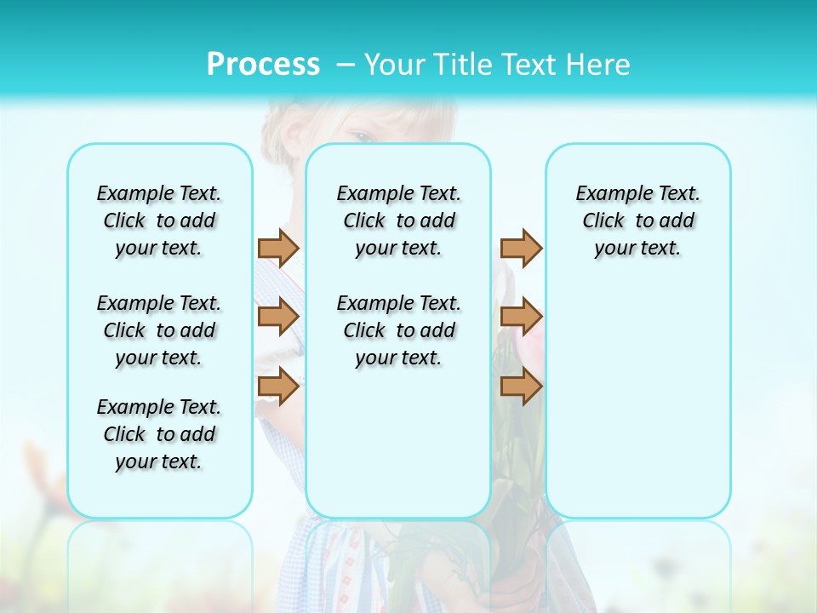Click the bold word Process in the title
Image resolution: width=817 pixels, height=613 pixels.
point(263,65)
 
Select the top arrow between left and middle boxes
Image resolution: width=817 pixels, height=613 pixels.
point(278,248)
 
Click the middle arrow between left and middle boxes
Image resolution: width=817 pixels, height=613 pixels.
point(278,317)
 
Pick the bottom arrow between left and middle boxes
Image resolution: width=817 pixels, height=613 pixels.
point(278,386)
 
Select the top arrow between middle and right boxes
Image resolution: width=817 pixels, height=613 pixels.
point(521,248)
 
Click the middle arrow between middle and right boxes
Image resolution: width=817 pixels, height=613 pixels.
point(521,317)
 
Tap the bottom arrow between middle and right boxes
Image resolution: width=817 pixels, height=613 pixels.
point(521,386)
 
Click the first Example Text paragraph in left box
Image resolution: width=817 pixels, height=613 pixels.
point(159,221)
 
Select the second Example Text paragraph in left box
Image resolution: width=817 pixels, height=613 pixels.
point(159,330)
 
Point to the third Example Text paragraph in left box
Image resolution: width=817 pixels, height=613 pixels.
point(159,434)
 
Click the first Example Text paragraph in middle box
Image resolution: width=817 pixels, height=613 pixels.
point(398,221)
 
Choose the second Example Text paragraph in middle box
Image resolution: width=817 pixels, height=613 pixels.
point(398,330)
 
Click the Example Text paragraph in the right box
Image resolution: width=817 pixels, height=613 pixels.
point(637,221)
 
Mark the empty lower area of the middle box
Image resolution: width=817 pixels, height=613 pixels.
point(398,443)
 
